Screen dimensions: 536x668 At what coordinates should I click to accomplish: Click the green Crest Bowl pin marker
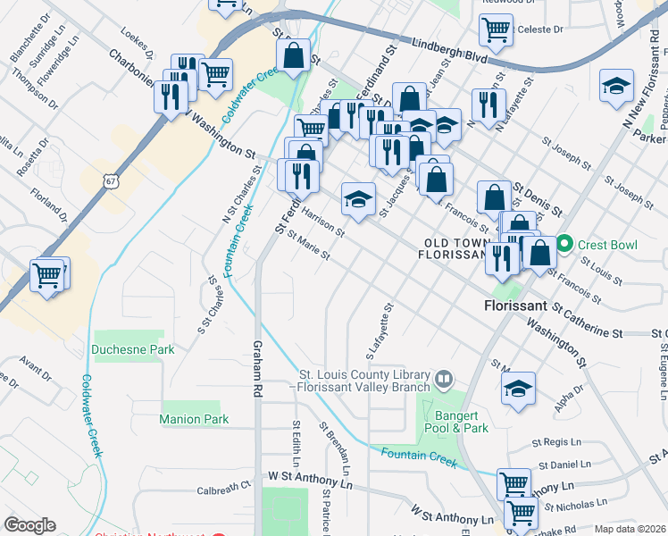(x=564, y=243)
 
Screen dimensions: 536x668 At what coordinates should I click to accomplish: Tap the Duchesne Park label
(x=134, y=350)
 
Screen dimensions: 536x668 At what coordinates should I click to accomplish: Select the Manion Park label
(x=194, y=419)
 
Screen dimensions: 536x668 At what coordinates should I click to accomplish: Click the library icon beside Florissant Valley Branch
(x=444, y=381)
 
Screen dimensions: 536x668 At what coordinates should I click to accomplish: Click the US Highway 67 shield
(x=110, y=180)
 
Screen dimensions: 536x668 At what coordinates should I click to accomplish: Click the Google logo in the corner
(x=30, y=524)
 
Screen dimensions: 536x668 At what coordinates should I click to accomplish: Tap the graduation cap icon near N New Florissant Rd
(x=616, y=87)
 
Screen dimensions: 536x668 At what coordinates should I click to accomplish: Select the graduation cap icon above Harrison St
(x=358, y=199)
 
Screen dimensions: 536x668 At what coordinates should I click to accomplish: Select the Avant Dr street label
(x=36, y=365)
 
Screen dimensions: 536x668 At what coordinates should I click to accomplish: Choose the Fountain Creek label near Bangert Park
(x=418, y=458)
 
